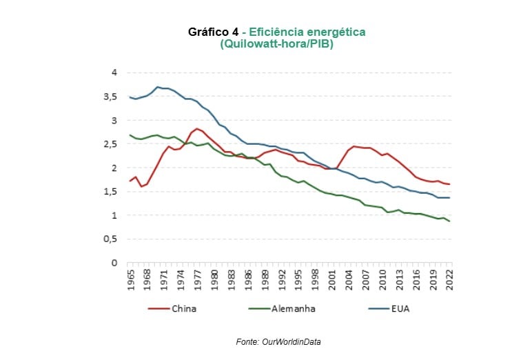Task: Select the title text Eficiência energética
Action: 307,32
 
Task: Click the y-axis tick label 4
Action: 114,72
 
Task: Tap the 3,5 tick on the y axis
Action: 110,97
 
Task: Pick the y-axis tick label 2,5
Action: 110,144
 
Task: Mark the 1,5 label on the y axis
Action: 110,192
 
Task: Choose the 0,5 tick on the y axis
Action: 110,239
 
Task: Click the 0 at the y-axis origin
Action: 114,263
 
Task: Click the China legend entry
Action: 184,308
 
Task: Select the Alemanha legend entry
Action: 293,308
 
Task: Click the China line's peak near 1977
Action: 196,128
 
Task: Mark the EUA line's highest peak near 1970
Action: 158,87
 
